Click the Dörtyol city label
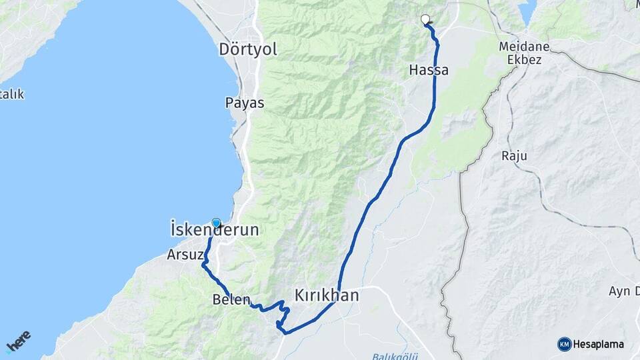tap(248, 49)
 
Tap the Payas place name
tap(245, 103)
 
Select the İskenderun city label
tap(215, 231)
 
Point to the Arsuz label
tap(181, 255)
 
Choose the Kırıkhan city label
tap(327, 295)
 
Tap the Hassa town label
tap(429, 70)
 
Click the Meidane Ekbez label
tap(523, 53)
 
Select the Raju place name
tap(514, 156)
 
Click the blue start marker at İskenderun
tap(216, 223)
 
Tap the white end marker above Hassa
tap(425, 19)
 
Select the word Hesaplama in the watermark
tap(599, 345)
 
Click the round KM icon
tap(564, 344)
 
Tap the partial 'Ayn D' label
tap(624, 291)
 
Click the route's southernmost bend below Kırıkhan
tap(283, 331)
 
